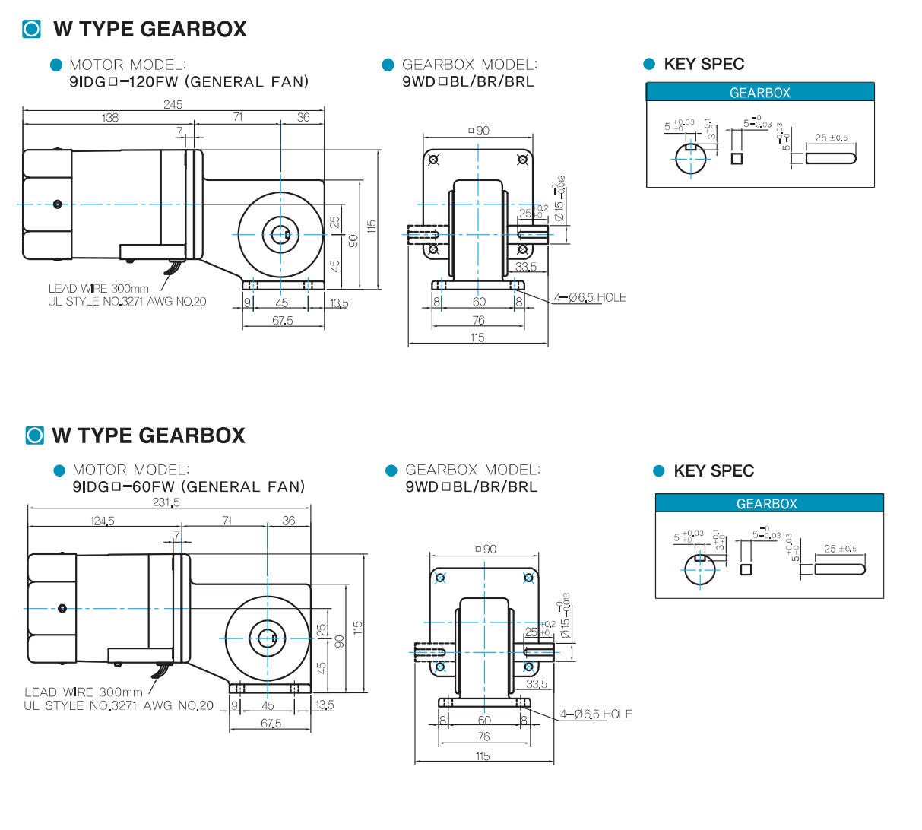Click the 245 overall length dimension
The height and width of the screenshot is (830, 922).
coord(173,105)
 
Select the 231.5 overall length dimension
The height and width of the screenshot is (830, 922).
coord(166,502)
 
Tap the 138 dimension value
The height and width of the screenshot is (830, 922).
coord(110,118)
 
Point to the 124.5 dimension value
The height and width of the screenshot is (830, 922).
coord(103,521)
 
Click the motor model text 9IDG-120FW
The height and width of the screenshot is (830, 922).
coord(189,82)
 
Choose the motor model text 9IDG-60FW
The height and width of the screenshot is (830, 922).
coord(189,487)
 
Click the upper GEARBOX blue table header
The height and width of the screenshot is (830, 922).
coord(760,93)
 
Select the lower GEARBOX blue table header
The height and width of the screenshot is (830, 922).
coord(767,504)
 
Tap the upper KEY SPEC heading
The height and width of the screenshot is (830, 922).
coord(704,65)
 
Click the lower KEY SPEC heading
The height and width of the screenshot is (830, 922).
coord(714,471)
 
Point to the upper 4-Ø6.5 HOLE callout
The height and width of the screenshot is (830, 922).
coord(590,298)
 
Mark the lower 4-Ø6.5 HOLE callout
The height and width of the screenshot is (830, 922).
coord(596,714)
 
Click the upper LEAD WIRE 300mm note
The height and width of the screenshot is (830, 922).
coord(99,289)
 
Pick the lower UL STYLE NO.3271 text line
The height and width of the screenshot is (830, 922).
coord(119,706)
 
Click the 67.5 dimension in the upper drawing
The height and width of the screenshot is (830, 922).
coord(283,321)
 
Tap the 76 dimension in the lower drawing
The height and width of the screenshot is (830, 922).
coord(484,737)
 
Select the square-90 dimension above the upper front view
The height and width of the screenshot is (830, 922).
coord(479,131)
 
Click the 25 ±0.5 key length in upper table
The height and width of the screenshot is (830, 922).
coord(831,138)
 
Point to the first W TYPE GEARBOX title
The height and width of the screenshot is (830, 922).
coord(150,30)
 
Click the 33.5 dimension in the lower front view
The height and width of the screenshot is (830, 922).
coord(537,684)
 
